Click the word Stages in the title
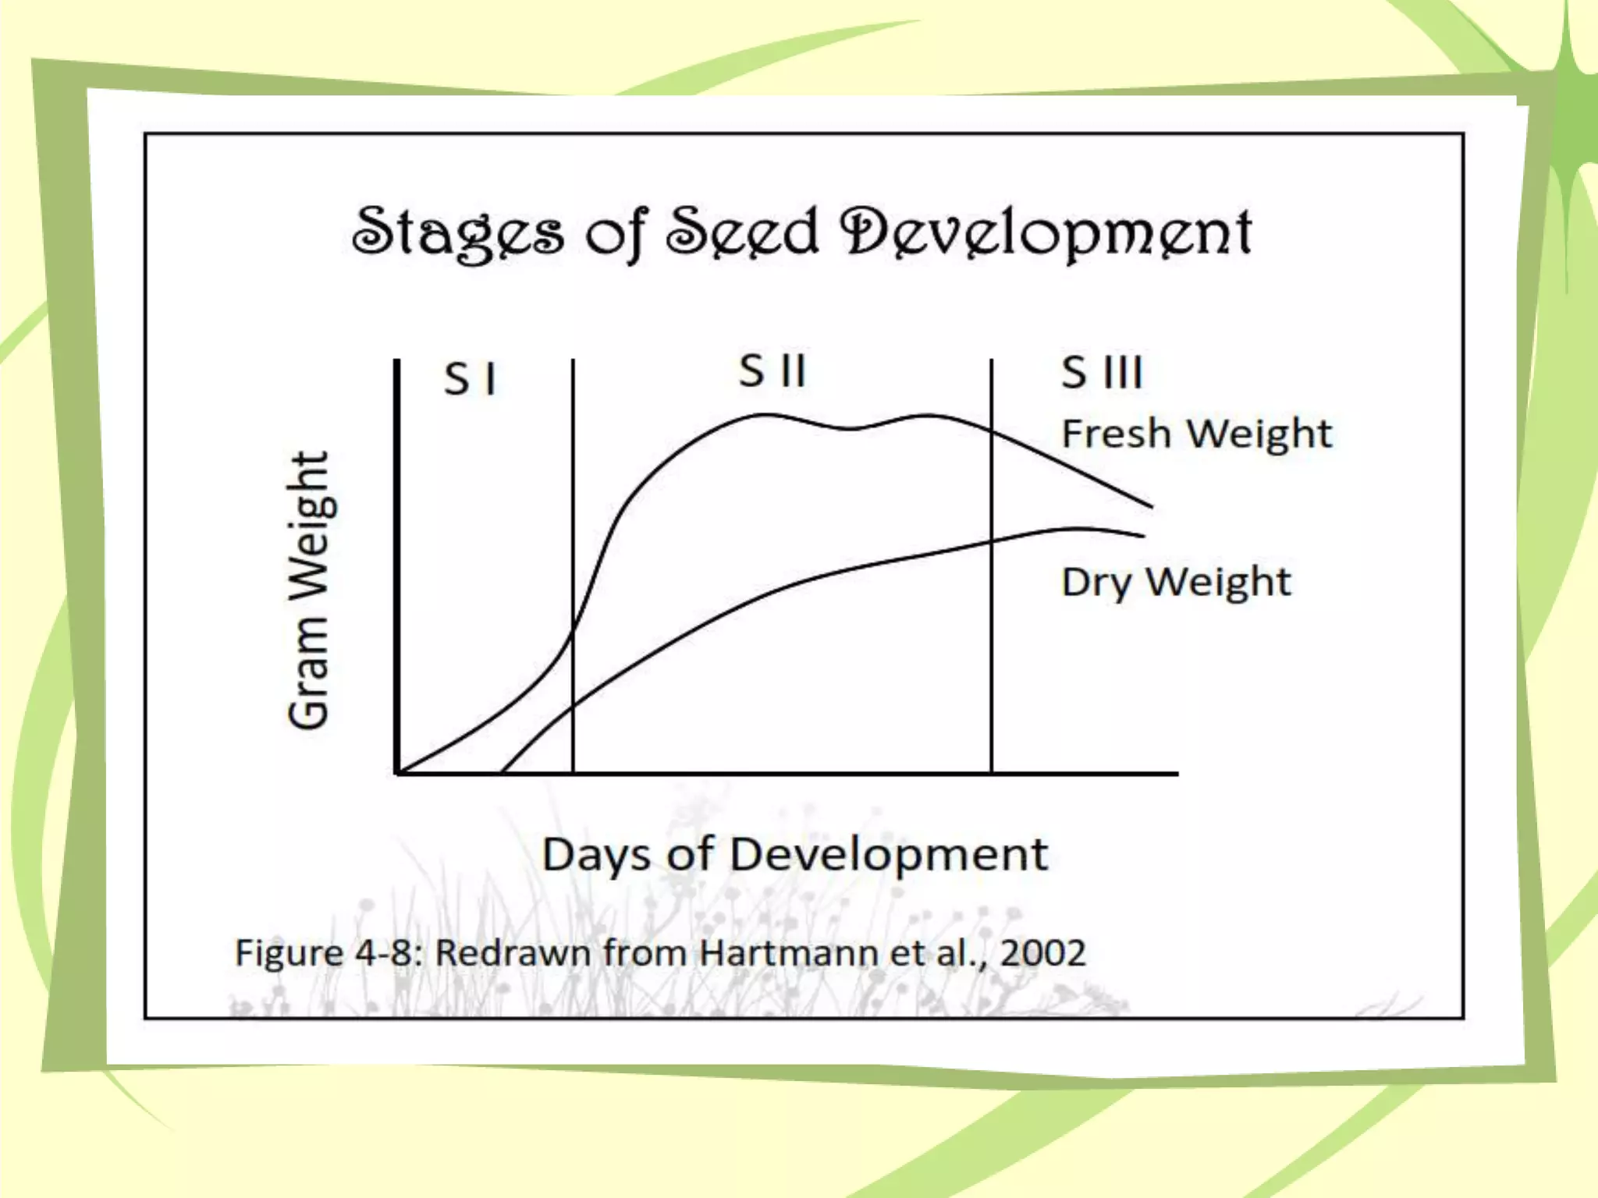(x=457, y=232)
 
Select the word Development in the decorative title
(x=1046, y=232)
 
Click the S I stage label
(x=470, y=380)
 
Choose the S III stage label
(x=1102, y=372)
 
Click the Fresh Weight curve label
(x=1196, y=434)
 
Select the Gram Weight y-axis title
(x=309, y=590)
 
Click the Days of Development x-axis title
(x=794, y=855)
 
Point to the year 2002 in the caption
(x=1042, y=953)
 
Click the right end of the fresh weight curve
(x=1151, y=507)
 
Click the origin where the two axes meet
(x=398, y=773)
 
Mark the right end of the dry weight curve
(x=1143, y=536)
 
